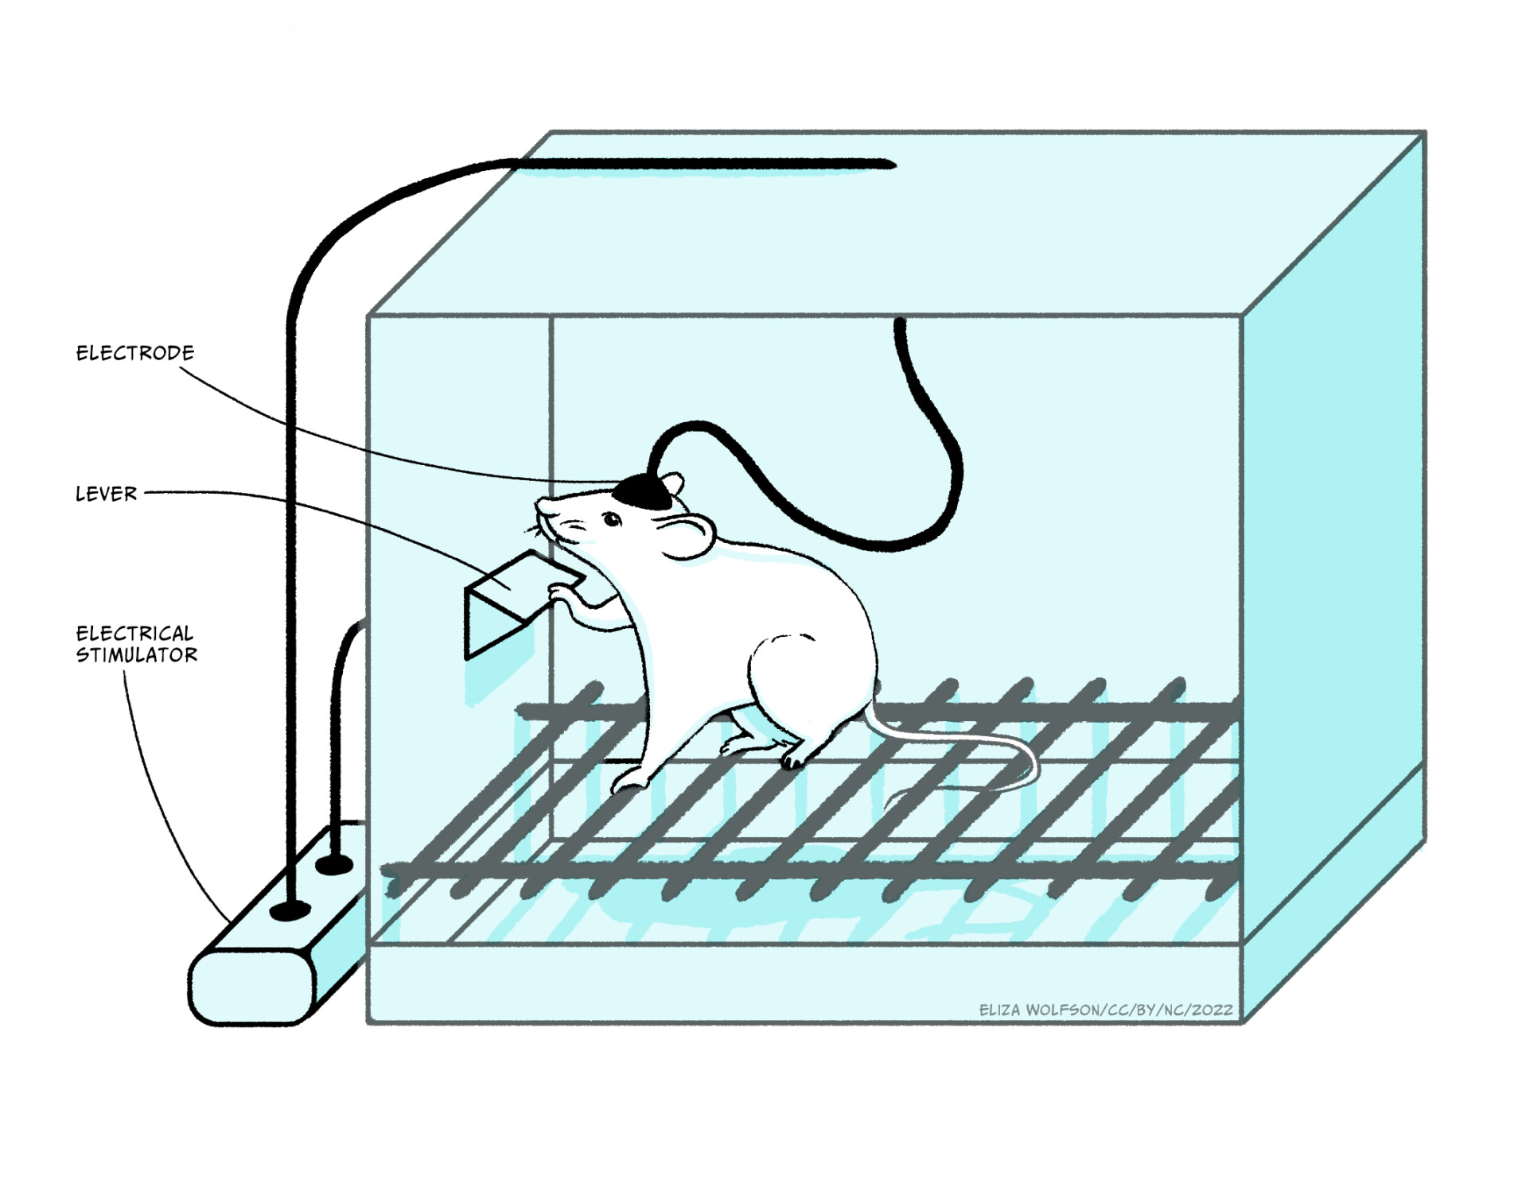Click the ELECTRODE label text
(x=134, y=353)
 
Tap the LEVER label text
(x=106, y=495)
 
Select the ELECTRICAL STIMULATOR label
(x=136, y=645)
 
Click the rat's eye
(x=611, y=520)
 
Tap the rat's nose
(x=542, y=503)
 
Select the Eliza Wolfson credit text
(x=1105, y=1010)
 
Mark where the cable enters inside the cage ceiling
(x=900, y=323)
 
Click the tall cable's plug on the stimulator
(x=290, y=910)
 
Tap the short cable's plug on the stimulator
(x=334, y=863)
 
